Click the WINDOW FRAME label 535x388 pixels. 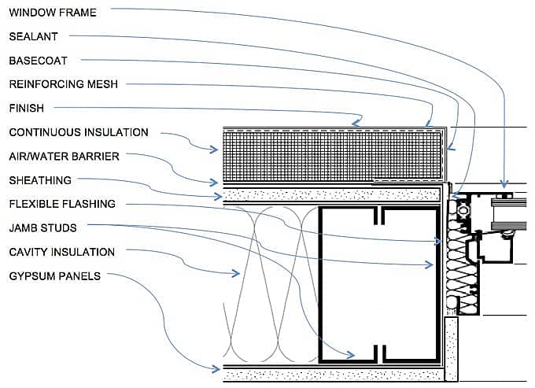[53, 13]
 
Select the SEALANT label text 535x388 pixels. [33, 36]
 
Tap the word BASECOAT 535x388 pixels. [39, 60]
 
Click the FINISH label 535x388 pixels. [26, 108]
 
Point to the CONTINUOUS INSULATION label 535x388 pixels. [78, 132]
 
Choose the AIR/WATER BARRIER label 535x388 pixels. [64, 156]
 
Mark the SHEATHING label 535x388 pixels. [40, 180]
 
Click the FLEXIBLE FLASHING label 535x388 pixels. [62, 204]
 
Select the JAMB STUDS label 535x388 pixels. [42, 228]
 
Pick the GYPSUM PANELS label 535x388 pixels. [54, 276]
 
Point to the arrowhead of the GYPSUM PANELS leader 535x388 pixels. [218, 368]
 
